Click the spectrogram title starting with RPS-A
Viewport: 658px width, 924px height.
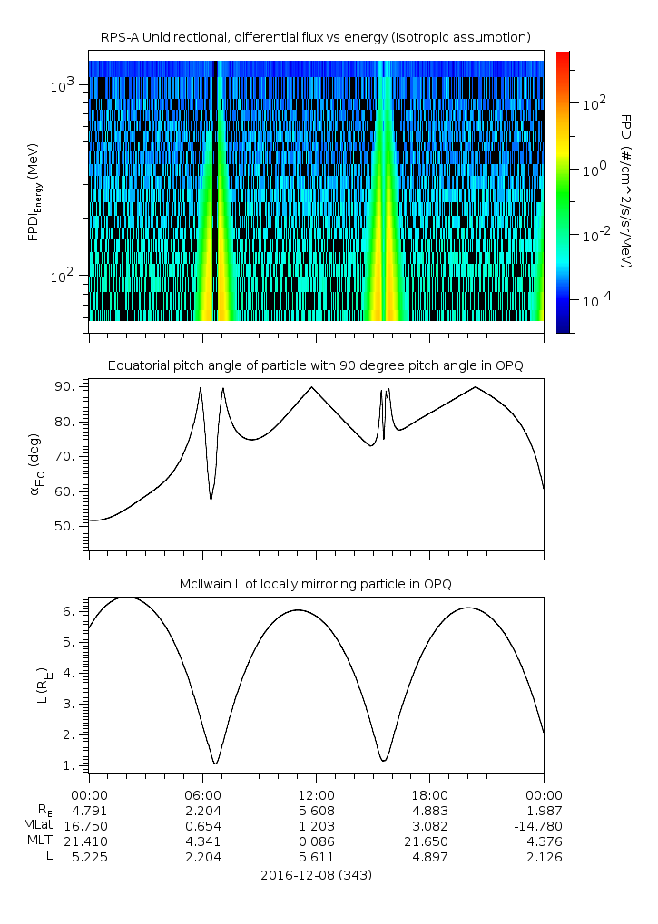coord(315,36)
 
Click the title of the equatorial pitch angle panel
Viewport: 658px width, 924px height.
coord(315,365)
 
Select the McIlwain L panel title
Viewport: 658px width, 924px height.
coord(315,582)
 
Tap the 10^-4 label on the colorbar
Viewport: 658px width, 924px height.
coord(595,299)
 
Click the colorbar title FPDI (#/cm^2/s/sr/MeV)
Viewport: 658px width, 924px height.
coord(625,190)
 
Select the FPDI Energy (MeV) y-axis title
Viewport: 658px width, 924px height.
coord(35,191)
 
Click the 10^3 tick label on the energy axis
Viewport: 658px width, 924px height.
coord(63,85)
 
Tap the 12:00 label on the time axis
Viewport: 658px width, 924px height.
coord(316,793)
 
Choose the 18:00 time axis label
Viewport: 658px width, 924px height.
coord(429,793)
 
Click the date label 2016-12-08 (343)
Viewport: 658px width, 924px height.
coord(315,875)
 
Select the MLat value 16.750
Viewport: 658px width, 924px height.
coord(88,826)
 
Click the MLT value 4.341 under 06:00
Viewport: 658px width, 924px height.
coord(202,841)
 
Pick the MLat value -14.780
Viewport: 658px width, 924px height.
coord(543,826)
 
